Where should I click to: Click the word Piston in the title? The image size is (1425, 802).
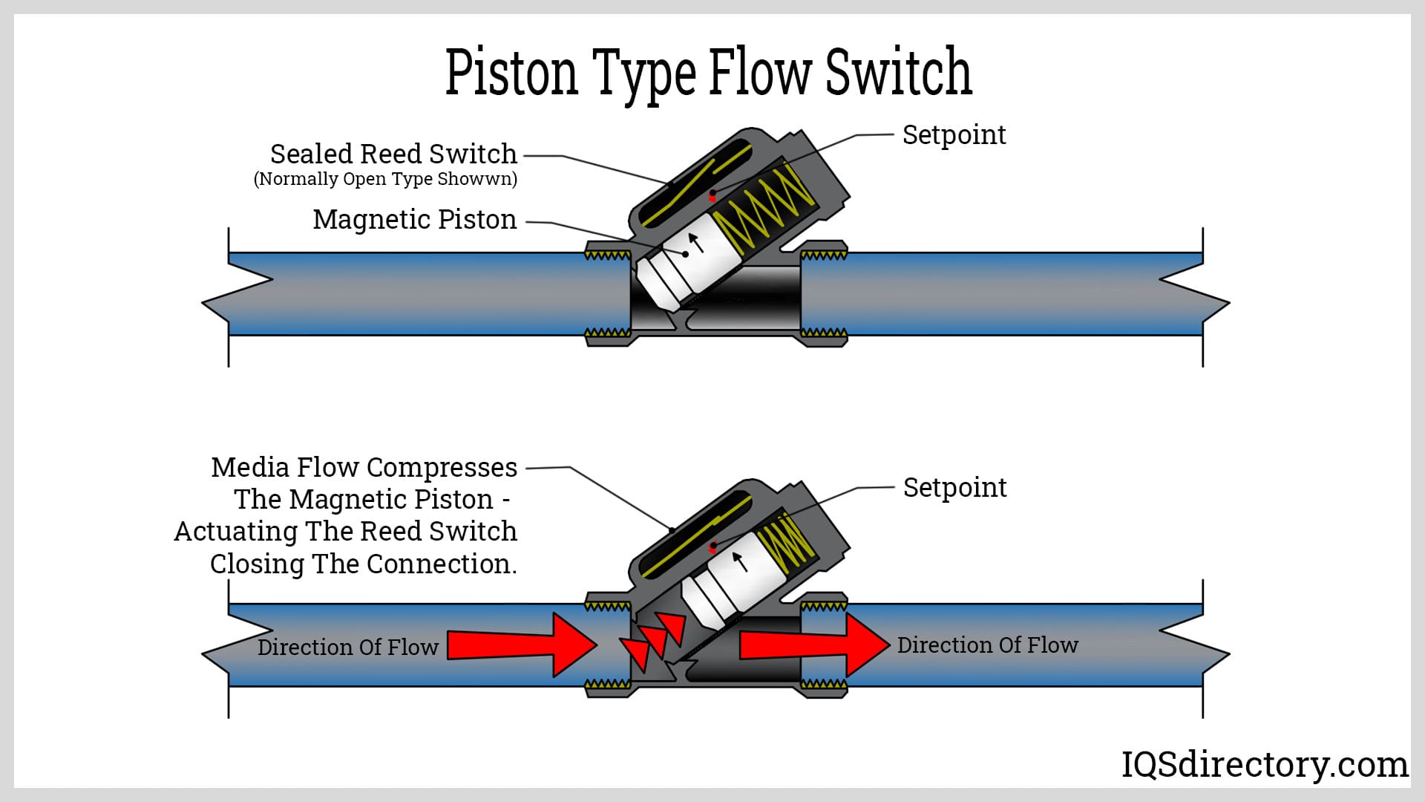click(x=511, y=72)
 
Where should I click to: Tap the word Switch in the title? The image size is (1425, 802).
click(x=898, y=72)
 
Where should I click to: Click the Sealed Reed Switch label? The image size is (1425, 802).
click(x=393, y=154)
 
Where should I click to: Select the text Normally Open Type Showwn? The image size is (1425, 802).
click(x=385, y=179)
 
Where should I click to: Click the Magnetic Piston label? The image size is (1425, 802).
click(x=414, y=220)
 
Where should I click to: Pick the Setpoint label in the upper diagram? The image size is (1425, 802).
click(x=954, y=135)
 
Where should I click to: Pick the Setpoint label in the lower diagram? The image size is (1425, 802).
click(x=954, y=488)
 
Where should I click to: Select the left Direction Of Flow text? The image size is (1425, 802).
click(x=347, y=648)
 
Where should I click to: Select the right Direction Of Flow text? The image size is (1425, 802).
click(x=987, y=645)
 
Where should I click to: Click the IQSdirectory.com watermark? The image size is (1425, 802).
click(x=1264, y=765)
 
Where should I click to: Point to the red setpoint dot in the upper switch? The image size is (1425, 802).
click(x=712, y=196)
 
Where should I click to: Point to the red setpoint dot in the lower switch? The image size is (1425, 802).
click(x=713, y=548)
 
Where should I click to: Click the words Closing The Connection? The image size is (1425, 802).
click(x=363, y=564)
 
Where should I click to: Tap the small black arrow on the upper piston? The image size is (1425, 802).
click(x=695, y=242)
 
